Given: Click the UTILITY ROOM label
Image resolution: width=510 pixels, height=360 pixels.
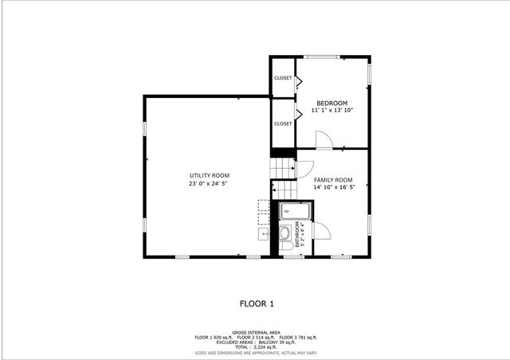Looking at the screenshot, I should tap(210, 175).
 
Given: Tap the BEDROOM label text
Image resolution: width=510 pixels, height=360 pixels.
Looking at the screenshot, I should tap(332, 103).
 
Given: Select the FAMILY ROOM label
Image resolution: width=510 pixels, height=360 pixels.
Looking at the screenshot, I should tap(332, 180).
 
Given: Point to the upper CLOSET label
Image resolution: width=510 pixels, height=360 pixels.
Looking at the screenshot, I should tap(283, 78).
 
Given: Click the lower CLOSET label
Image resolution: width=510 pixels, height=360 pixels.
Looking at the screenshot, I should tap(283, 123).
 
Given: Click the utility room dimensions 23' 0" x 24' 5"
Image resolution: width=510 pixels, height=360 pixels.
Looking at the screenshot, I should tap(210, 184).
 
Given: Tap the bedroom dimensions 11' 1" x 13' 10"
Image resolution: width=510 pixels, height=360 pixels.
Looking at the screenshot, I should tap(332, 111).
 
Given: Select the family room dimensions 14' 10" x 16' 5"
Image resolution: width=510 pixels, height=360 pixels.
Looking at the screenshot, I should tap(332, 188).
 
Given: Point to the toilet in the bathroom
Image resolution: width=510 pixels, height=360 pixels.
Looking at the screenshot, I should tap(284, 235).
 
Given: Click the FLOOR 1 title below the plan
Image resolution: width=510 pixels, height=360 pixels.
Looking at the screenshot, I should tap(257, 303).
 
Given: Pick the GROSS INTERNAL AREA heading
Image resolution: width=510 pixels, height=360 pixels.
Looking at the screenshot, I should tap(256, 332).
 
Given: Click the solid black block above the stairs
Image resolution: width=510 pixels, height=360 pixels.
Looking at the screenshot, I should tap(283, 154).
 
